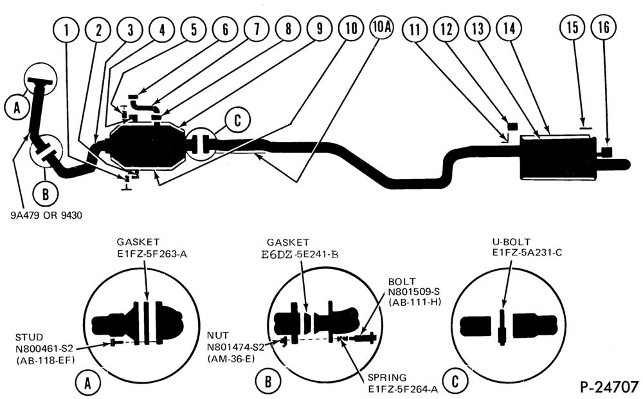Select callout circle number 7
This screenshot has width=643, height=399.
click(257, 29)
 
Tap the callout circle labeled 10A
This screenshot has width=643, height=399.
click(381, 28)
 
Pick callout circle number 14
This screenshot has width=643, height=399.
click(509, 29)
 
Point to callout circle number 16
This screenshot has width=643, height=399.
click(604, 28)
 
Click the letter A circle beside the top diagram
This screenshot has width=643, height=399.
click(17, 107)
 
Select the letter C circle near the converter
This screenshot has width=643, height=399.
click(237, 121)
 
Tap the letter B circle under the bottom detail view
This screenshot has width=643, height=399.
click(267, 382)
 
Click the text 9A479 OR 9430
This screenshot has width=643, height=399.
click(46, 215)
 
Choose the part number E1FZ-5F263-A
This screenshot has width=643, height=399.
click(152, 254)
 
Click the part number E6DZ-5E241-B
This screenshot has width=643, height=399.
click(300, 254)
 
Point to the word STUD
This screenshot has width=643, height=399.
click(29, 337)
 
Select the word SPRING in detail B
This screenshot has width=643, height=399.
click(387, 377)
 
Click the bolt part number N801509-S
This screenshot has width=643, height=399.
click(413, 292)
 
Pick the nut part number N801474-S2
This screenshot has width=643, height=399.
click(235, 348)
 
